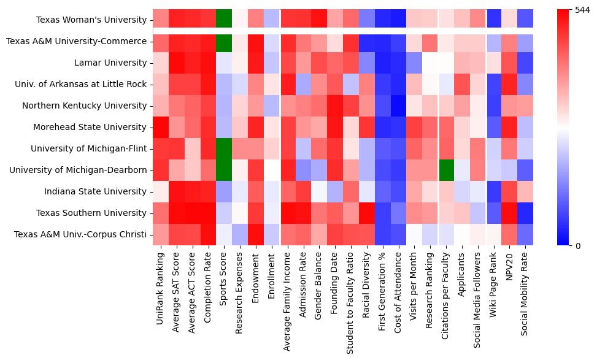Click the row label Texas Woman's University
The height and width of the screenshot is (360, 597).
coord(91,20)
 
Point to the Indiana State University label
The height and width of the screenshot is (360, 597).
coord(96,191)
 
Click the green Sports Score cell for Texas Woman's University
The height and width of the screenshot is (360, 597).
coord(224,20)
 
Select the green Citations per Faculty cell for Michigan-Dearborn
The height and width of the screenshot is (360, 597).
coord(447,170)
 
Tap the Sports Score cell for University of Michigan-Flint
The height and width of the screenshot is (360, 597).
coord(224,148)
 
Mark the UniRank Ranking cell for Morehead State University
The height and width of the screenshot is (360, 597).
coord(161,127)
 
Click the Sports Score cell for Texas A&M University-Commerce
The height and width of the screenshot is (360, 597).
coord(224,41)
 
